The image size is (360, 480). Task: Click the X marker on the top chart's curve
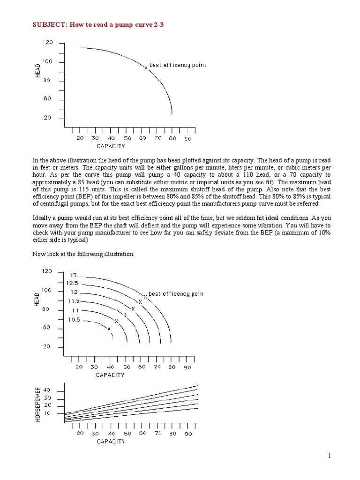click(x=146, y=67)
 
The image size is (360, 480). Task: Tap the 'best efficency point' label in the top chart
click(x=178, y=65)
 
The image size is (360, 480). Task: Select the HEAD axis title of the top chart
click(x=38, y=71)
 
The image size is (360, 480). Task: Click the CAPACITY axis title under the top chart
click(x=111, y=146)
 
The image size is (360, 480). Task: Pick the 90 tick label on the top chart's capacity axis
click(x=188, y=138)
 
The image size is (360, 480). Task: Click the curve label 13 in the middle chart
click(x=73, y=275)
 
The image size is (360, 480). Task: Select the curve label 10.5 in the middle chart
click(x=75, y=320)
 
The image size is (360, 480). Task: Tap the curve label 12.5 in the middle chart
click(x=72, y=283)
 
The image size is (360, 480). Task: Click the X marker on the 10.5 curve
click(x=109, y=329)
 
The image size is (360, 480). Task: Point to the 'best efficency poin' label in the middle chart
click(x=176, y=294)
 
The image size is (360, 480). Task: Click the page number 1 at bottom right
click(x=330, y=456)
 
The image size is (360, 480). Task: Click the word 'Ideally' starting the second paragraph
click(x=42, y=218)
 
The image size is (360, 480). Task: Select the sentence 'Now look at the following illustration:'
click(x=83, y=254)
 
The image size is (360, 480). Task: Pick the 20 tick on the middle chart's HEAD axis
click(x=47, y=347)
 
